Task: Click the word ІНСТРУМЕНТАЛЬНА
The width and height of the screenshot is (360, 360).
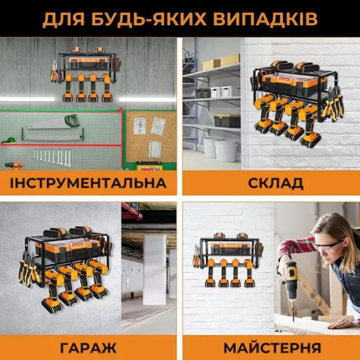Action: click(x=88, y=183)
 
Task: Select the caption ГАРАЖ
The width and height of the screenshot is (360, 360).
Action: click(x=88, y=348)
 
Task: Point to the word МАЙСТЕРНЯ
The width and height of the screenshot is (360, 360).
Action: click(x=272, y=348)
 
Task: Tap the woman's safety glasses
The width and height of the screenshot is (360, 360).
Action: click(x=328, y=246)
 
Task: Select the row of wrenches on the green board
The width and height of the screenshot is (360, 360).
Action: click(x=51, y=156)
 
